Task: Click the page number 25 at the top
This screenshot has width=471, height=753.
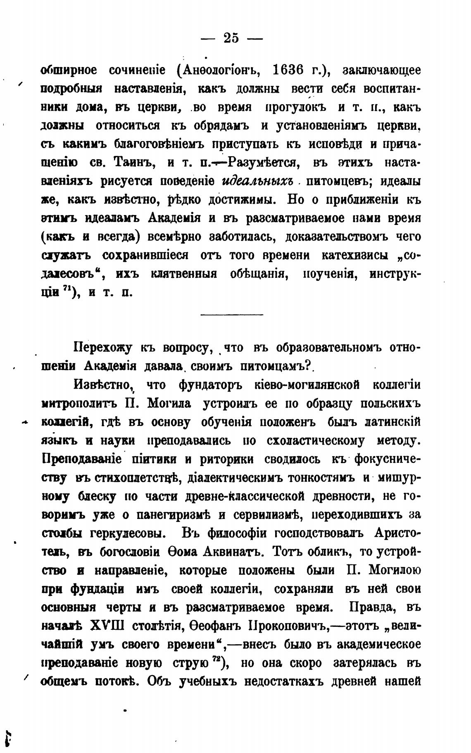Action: (231, 38)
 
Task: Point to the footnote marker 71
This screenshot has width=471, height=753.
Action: (66, 288)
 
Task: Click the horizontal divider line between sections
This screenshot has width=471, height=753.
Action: (231, 315)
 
